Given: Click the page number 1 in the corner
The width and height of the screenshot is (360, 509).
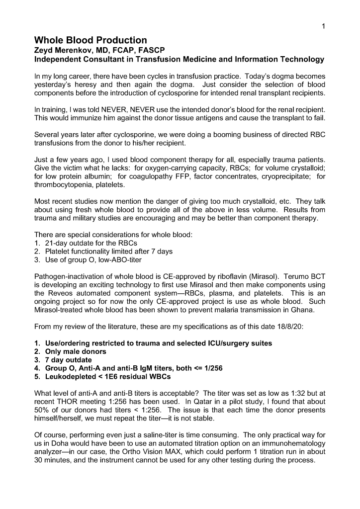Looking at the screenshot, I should [324, 26].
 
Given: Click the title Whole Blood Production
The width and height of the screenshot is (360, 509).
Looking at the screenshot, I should [90, 40].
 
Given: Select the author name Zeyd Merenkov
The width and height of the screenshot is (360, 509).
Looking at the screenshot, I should [64, 50].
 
